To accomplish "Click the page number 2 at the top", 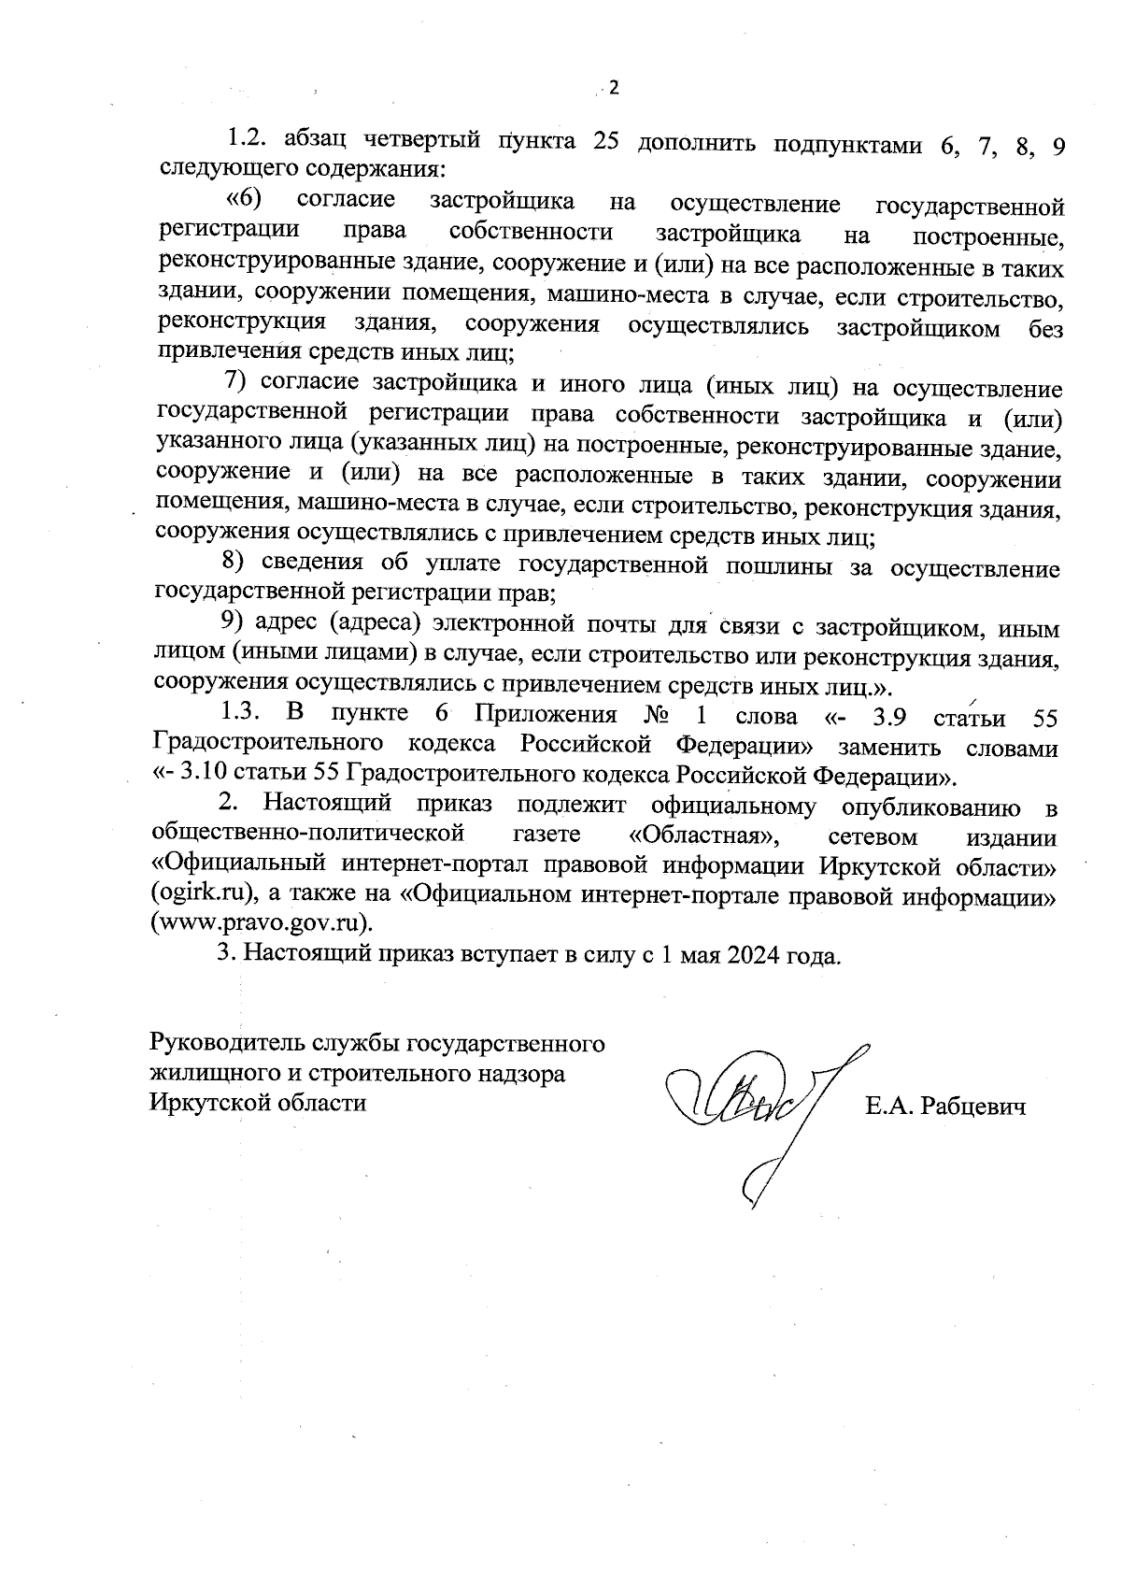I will (x=614, y=89).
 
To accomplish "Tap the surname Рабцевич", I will (x=973, y=1107).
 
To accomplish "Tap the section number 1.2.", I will (x=248, y=142).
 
